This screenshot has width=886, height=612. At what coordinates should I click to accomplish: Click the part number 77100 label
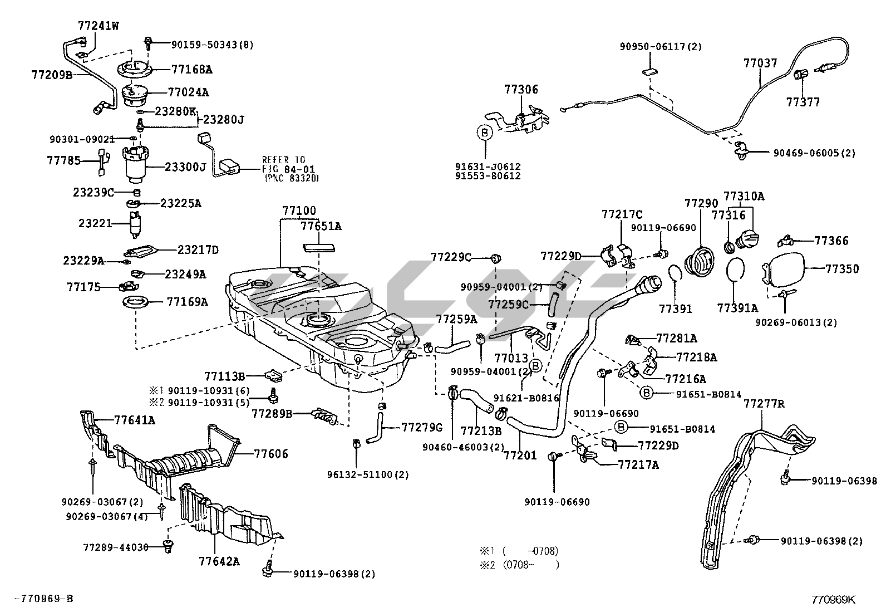click(x=299, y=211)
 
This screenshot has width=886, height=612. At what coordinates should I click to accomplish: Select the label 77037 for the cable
click(x=760, y=63)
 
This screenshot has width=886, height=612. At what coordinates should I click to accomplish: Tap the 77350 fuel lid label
click(x=842, y=269)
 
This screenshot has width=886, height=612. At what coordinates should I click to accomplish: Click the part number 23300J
click(x=185, y=167)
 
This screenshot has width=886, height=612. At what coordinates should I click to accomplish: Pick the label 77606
click(x=272, y=454)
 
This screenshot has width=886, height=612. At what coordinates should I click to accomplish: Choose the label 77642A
click(x=219, y=561)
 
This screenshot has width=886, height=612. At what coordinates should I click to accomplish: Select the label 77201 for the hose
click(x=520, y=456)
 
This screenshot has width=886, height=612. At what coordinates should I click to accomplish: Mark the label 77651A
click(x=321, y=226)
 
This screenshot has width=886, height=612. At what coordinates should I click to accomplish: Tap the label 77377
click(x=803, y=102)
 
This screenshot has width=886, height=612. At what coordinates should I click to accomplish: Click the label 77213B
click(x=481, y=431)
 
